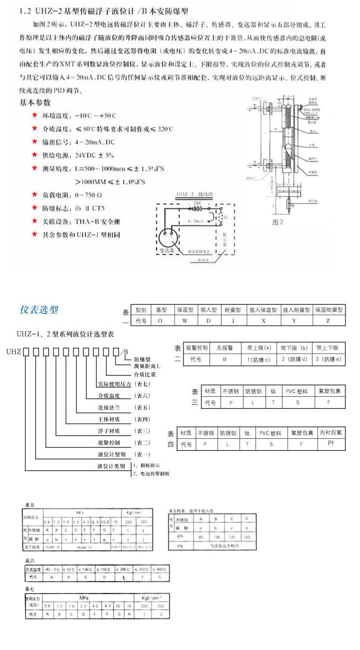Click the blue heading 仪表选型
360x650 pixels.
click(x=39, y=310)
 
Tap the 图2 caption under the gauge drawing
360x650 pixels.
click(x=277, y=222)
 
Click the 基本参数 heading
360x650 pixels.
click(x=35, y=102)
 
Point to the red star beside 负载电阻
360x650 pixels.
click(x=34, y=194)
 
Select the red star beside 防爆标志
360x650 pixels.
click(x=34, y=207)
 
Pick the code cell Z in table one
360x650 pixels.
click(x=327, y=320)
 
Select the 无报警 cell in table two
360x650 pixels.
click(x=224, y=348)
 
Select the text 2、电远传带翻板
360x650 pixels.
click(x=151, y=473)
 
